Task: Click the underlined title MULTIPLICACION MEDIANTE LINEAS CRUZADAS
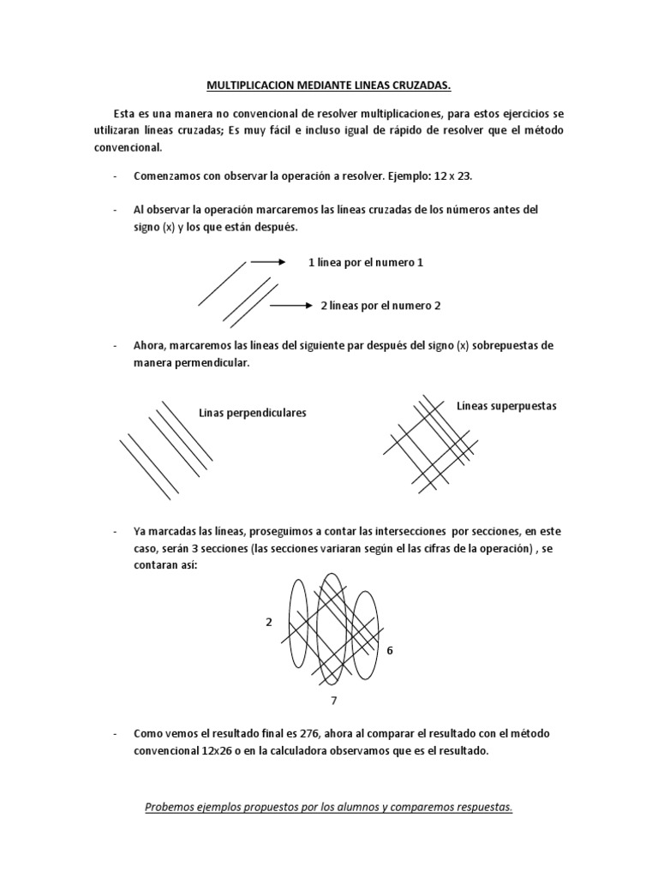329,86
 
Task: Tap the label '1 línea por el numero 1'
366,263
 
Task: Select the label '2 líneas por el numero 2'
380,305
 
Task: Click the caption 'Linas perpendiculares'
252,413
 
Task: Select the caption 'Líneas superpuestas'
506,406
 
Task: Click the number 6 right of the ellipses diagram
389,650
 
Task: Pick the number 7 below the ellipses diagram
333,701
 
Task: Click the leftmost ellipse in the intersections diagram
296,623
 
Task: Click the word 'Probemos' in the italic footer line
170,807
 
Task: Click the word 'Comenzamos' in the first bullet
169,176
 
